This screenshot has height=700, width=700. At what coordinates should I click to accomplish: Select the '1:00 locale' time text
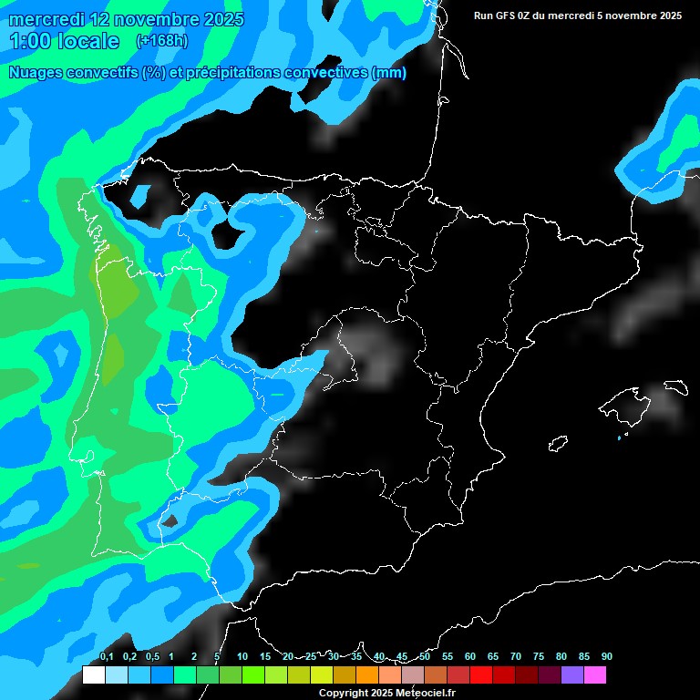[64, 41]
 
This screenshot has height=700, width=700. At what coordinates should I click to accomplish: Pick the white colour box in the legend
[93, 675]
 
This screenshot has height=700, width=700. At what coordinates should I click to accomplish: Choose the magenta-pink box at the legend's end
[595, 675]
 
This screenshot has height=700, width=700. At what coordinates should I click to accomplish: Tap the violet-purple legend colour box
[572, 675]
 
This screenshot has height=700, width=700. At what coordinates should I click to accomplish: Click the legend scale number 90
[606, 656]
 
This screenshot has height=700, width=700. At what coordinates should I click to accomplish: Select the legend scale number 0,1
[106, 656]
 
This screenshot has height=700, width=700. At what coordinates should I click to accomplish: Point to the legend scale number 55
[447, 656]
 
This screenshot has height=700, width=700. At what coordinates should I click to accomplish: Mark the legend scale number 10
[242, 656]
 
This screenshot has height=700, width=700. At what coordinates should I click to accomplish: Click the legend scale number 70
[515, 656]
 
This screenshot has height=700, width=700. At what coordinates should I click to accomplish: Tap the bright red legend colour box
[481, 675]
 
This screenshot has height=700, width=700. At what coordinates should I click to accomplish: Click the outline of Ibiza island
[559, 444]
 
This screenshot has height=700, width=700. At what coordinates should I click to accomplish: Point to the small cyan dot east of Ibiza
[619, 438]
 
